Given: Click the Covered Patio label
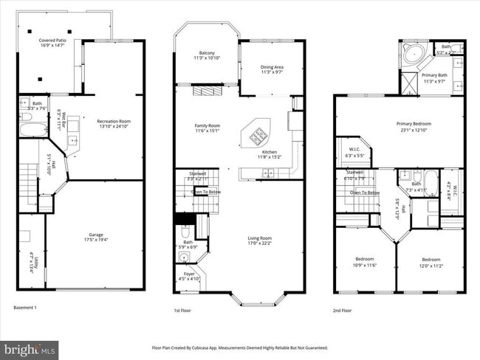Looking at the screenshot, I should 52,43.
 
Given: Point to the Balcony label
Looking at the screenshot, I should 207,55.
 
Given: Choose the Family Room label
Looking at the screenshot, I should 207,128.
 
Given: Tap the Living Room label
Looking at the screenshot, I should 259,240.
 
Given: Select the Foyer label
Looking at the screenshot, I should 190,276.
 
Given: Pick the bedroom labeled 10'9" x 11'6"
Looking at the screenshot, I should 364,262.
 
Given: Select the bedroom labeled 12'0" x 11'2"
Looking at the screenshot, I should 431,262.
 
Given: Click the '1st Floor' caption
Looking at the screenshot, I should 182,311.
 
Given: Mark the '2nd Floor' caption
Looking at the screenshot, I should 342,311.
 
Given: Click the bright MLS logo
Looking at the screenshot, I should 30,347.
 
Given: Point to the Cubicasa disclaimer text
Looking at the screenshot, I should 239,347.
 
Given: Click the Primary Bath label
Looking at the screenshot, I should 434,77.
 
